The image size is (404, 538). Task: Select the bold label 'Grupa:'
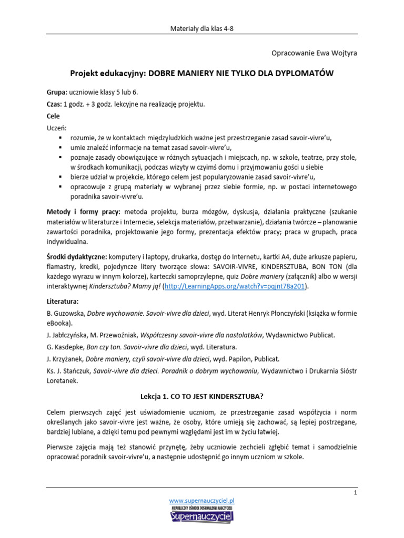coord(57,92)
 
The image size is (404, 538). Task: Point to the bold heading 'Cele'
coord(53,116)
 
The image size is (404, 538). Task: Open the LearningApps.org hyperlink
coord(236,287)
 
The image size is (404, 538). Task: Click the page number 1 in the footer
coord(356,493)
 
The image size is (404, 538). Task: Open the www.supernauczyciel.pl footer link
coord(201,501)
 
